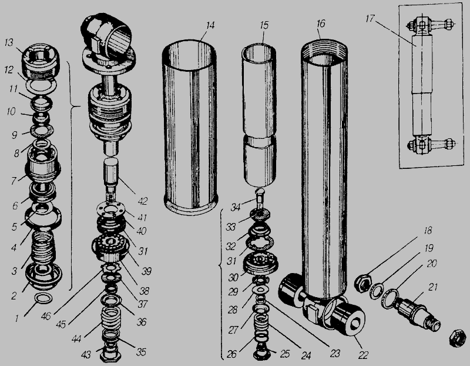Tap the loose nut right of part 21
[x=455, y=338]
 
